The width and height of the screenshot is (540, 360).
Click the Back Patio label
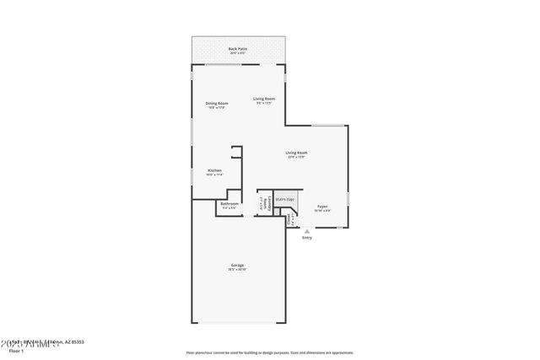pyautogui.click(x=238, y=49)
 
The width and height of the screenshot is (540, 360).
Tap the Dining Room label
pyautogui.click(x=217, y=103)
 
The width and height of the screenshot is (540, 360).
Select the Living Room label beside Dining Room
pyautogui.click(x=264, y=99)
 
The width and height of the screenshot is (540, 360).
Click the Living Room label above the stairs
pyautogui.click(x=295, y=153)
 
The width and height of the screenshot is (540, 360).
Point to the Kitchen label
pyautogui.click(x=215, y=170)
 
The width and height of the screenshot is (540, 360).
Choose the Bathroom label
pyautogui.click(x=229, y=203)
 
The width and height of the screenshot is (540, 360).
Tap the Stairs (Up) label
pyautogui.click(x=285, y=200)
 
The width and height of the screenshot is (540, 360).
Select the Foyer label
pyautogui.click(x=322, y=206)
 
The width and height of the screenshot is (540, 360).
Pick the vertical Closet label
pyautogui.click(x=290, y=219)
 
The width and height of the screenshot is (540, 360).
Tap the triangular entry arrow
pyautogui.click(x=307, y=231)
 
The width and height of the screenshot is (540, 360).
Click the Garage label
pyautogui.click(x=238, y=266)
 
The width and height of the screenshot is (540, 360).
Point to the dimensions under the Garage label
pyautogui.click(x=238, y=271)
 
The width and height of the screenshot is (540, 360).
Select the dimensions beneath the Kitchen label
pyautogui.click(x=215, y=175)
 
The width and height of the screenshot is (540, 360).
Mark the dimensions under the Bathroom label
pyautogui.click(x=229, y=208)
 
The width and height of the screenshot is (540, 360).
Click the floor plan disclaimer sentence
pyautogui.click(x=270, y=352)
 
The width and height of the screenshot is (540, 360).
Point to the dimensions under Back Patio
pyautogui.click(x=238, y=54)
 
